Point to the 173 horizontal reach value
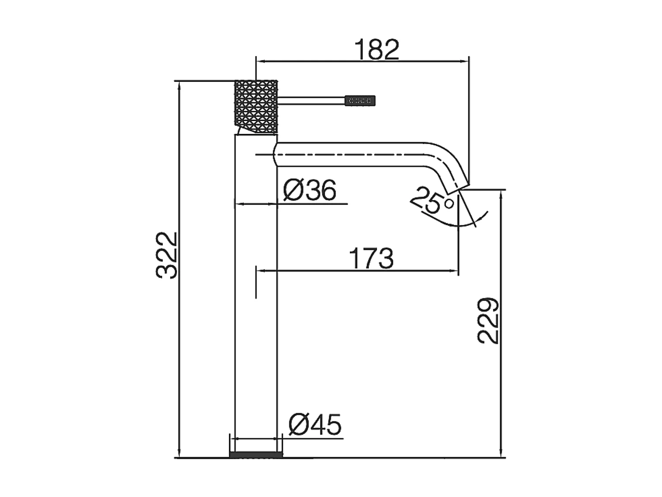371,258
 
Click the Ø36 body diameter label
310,190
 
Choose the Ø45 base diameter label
315,425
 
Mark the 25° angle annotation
431,201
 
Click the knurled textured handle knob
256,106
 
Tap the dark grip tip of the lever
360,101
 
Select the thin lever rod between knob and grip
311,101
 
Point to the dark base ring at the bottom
256,455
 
